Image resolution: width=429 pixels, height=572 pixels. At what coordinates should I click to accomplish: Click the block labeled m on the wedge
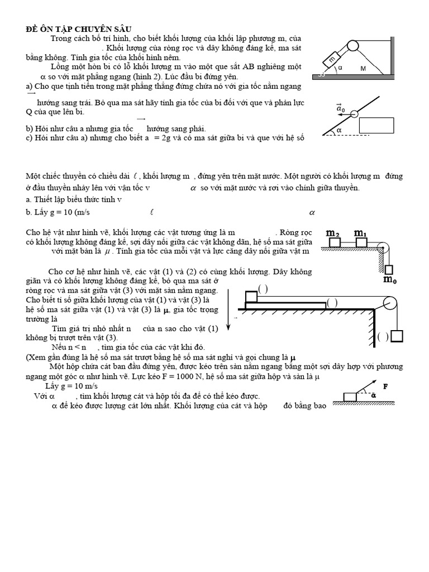tap(333, 57)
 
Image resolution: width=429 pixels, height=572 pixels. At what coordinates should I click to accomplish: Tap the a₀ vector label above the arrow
tap(341, 107)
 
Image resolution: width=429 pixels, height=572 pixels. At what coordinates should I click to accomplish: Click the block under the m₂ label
tap(335, 242)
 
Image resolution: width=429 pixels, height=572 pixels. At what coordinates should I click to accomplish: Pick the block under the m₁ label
tap(361, 242)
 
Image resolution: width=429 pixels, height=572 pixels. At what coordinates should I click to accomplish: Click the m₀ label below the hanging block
tap(390, 279)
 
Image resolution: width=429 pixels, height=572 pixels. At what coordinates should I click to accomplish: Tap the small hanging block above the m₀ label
tap(389, 268)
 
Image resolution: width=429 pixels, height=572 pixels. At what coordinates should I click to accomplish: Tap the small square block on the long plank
tap(251, 297)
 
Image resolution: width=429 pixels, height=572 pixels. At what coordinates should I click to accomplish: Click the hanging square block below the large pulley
tap(397, 337)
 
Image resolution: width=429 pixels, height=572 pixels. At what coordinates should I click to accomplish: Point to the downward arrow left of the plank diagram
tap(228, 318)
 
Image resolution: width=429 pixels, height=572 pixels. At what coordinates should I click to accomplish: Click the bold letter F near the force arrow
tap(385, 386)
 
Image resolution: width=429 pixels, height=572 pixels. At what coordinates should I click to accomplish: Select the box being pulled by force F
tap(350, 397)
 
